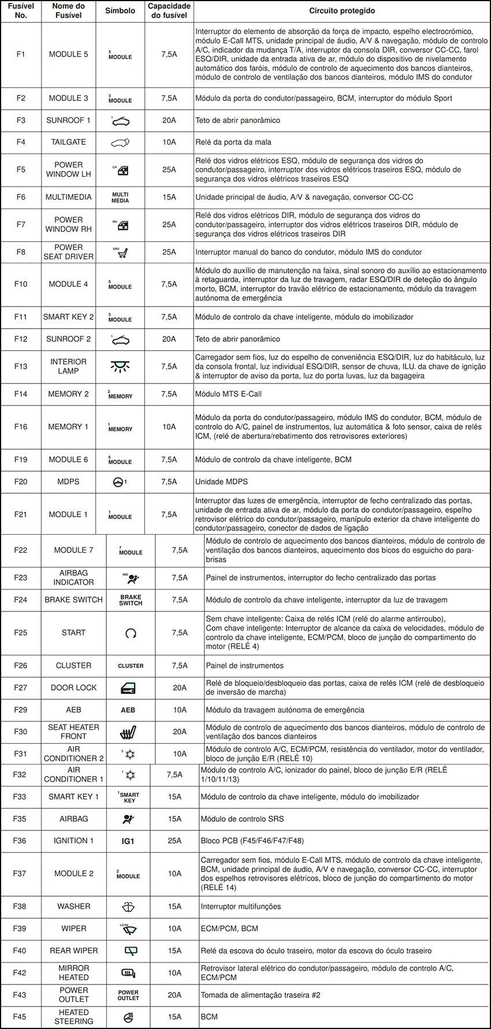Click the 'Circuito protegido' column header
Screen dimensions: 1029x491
(342, 11)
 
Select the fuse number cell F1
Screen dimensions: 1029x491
(21, 54)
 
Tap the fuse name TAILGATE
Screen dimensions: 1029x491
(68, 142)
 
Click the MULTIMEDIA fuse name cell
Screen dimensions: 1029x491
(68, 197)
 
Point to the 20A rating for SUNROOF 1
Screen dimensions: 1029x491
(169, 121)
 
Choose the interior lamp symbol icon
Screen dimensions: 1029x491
(120, 366)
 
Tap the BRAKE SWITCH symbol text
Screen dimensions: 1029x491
(131, 600)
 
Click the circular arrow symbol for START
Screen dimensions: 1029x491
(131, 633)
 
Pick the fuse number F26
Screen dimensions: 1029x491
(21, 666)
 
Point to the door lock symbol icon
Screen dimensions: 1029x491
(128, 688)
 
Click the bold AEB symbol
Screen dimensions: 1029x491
(128, 710)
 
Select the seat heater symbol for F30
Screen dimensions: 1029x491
(128, 733)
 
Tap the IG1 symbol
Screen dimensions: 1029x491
(128, 841)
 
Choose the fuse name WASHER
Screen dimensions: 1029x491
(73, 907)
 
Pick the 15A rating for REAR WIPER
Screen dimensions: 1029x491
(174, 951)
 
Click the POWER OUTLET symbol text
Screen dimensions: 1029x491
(128, 996)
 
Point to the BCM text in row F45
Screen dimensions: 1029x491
(209, 1017)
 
